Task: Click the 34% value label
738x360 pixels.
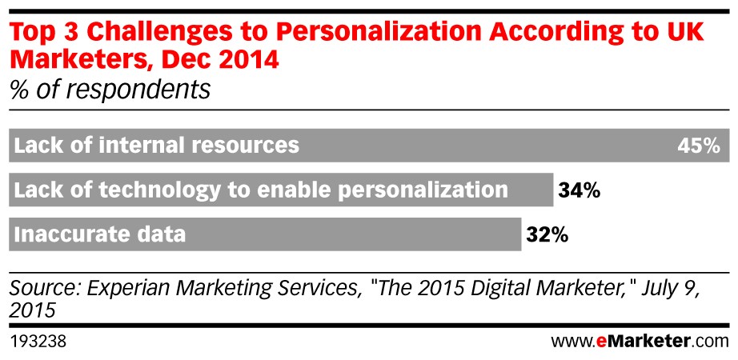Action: point(579,190)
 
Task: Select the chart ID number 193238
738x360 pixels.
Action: point(38,341)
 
